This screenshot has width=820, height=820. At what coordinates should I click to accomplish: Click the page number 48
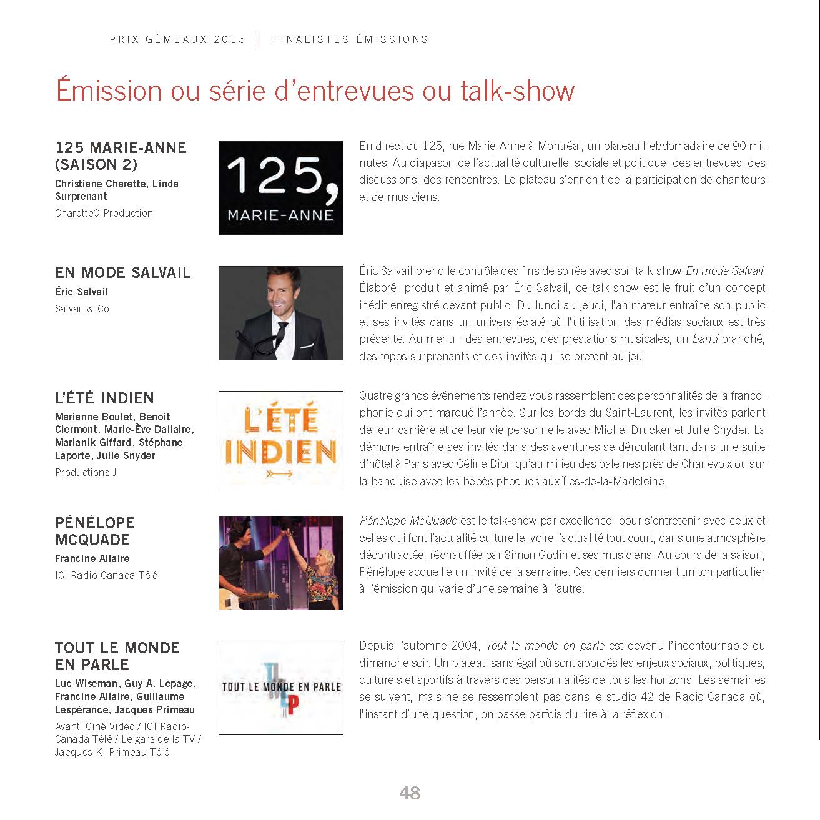pos(410,793)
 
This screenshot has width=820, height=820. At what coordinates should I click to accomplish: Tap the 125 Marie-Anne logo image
pos(280,188)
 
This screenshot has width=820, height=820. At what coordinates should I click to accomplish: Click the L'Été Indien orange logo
pos(280,438)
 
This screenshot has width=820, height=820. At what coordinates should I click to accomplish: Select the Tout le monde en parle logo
pos(280,688)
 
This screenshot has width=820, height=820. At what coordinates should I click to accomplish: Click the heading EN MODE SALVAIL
pos(122,273)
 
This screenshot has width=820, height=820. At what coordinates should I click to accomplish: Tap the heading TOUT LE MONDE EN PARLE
pos(117,656)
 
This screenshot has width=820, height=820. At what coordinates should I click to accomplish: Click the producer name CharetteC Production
pos(104,213)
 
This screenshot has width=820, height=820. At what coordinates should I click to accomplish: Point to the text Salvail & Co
pos(82,309)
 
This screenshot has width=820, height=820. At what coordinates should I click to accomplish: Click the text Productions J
pos(86,472)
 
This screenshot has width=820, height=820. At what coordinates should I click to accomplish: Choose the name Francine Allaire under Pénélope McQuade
pos(92,558)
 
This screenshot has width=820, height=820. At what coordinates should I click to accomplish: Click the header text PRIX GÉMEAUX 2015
pos(177,39)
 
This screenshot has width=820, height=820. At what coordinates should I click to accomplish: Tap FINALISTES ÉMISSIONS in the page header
pos(350,39)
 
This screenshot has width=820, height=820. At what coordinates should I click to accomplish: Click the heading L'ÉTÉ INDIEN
pos(104,398)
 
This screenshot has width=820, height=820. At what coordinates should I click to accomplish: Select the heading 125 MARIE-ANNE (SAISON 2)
pos(121,156)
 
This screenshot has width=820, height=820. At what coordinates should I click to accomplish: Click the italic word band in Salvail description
pos(704,339)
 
